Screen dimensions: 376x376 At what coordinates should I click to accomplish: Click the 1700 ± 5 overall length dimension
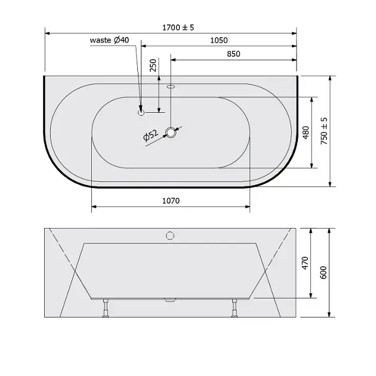pos(178,27)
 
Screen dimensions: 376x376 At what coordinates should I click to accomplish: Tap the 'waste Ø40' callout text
pos(109,40)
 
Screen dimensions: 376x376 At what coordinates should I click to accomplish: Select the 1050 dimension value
pos(219,41)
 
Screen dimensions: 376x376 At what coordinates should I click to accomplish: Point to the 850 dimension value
pos(233,54)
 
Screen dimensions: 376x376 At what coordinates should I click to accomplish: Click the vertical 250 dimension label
pos(153,65)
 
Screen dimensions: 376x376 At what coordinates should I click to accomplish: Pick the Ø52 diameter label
pos(150,135)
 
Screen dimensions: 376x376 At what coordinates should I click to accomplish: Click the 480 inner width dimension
pos(306,132)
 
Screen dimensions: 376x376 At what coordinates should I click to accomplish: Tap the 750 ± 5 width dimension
pos(323,131)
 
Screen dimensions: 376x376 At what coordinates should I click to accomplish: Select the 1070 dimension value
pos(171,201)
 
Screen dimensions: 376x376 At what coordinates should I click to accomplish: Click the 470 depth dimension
pos(305,263)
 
